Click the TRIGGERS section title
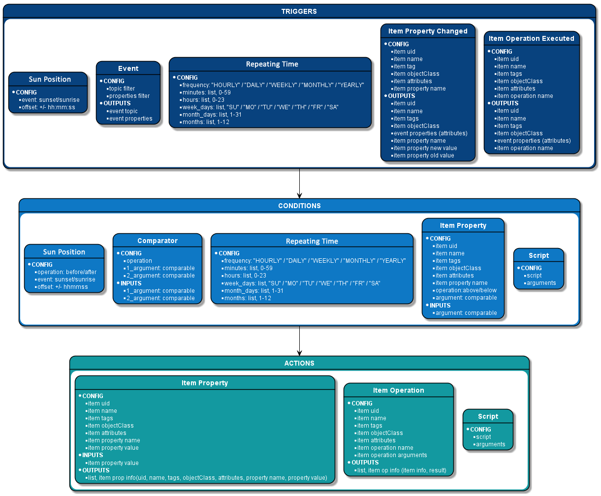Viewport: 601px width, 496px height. [x=299, y=11]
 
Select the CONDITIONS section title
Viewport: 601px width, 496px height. [x=299, y=206]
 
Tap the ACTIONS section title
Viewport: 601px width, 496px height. [x=299, y=363]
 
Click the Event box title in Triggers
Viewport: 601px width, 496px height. [x=128, y=68]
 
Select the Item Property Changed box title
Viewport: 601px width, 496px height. [x=428, y=31]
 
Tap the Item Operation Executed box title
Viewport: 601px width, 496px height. [x=531, y=38]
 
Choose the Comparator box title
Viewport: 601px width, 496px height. [x=157, y=241]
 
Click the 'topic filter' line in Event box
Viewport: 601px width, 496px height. [x=122, y=89]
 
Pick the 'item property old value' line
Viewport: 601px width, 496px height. [x=423, y=155]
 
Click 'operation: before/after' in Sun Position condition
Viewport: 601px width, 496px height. [x=67, y=272]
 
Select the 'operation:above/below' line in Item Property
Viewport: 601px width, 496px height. [x=466, y=290]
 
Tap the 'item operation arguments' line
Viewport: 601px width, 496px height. [x=392, y=455]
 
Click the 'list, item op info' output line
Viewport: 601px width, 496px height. [x=401, y=470]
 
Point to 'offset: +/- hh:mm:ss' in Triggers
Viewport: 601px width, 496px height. [x=48, y=107]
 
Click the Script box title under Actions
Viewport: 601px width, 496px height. [x=488, y=416]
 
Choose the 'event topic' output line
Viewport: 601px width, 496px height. [x=123, y=111]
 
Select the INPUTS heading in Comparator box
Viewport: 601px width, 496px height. [x=131, y=283]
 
